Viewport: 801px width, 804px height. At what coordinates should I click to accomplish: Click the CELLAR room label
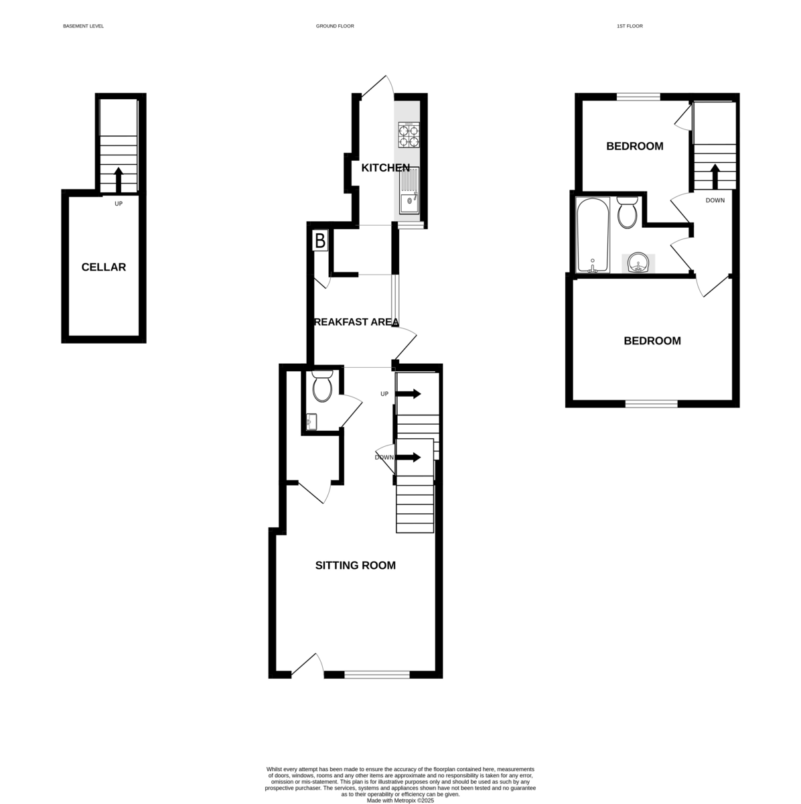pyautogui.click(x=104, y=267)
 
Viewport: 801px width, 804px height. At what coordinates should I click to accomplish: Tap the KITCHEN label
pyautogui.click(x=385, y=167)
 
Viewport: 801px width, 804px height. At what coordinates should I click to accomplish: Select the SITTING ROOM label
pyautogui.click(x=356, y=565)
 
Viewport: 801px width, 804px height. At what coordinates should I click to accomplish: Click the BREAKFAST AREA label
pyautogui.click(x=356, y=322)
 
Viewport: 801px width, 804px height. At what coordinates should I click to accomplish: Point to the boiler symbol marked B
pyautogui.click(x=320, y=241)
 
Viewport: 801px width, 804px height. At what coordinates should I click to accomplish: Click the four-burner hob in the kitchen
pyautogui.click(x=409, y=135)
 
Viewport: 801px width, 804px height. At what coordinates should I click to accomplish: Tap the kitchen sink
pyautogui.click(x=409, y=190)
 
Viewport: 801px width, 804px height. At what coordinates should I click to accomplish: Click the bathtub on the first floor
pyautogui.click(x=593, y=235)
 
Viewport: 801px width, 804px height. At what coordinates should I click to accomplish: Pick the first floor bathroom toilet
pyautogui.click(x=628, y=212)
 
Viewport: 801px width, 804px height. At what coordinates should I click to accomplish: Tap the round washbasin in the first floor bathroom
pyautogui.click(x=638, y=264)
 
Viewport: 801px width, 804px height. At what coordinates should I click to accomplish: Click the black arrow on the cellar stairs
pyautogui.click(x=119, y=179)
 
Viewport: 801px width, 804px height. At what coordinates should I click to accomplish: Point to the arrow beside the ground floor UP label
pyautogui.click(x=409, y=394)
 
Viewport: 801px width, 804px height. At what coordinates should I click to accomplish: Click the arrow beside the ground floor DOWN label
pyautogui.click(x=409, y=458)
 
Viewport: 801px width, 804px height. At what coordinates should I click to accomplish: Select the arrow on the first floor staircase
pyautogui.click(x=714, y=177)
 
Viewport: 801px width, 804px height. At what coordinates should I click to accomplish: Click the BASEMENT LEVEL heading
pyautogui.click(x=83, y=26)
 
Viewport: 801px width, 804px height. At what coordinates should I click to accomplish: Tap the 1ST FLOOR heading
pyautogui.click(x=630, y=26)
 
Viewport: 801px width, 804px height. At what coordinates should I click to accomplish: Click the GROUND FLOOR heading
pyautogui.click(x=335, y=26)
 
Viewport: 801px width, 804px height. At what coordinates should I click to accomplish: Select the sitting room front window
pyautogui.click(x=377, y=675)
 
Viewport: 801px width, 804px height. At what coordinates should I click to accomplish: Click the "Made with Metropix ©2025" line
pyautogui.click(x=401, y=800)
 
